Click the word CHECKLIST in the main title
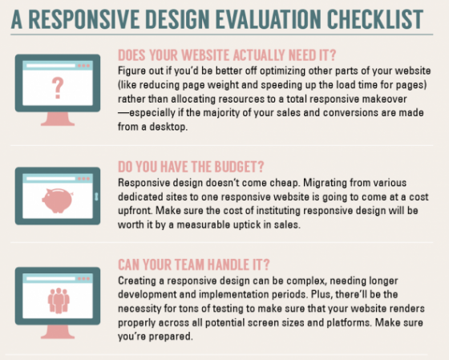(x=375, y=19)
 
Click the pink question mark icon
(x=58, y=88)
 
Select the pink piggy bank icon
(x=58, y=200)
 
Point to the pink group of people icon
(x=59, y=301)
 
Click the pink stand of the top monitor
(x=58, y=119)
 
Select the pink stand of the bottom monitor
(x=58, y=332)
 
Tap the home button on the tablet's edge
(x=96, y=196)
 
